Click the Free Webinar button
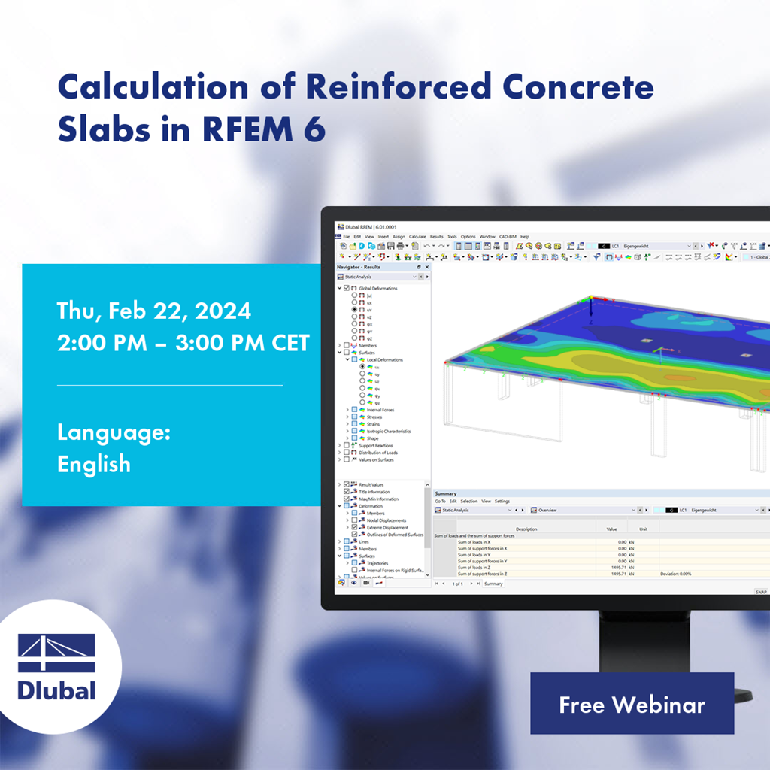point(632,705)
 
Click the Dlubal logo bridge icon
point(56,652)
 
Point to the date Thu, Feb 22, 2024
point(154,311)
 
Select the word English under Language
point(94,464)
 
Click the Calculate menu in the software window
point(417,237)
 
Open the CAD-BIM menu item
point(508,237)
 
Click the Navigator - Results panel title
point(359,267)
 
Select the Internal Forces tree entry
point(380,410)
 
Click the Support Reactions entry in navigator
point(376,446)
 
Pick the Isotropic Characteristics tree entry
point(388,432)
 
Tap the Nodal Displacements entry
point(387,520)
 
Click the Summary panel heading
point(445,493)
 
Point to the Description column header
point(526,529)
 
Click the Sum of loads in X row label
point(474,541)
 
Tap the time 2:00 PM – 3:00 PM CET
point(183,343)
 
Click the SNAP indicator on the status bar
point(760,592)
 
